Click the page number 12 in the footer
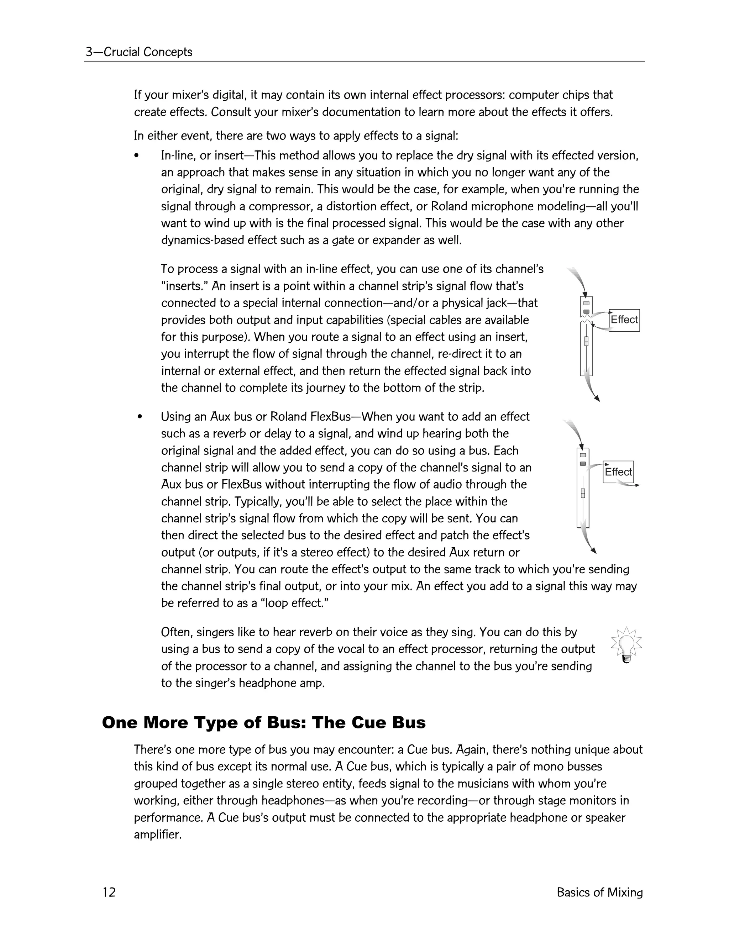109,892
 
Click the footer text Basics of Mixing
599,892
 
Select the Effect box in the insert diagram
624,320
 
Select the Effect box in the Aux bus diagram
618,471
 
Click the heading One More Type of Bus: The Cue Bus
263,722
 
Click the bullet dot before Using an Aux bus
139,417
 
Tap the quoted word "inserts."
185,286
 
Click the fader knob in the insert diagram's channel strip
586,341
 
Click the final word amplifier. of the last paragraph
158,834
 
